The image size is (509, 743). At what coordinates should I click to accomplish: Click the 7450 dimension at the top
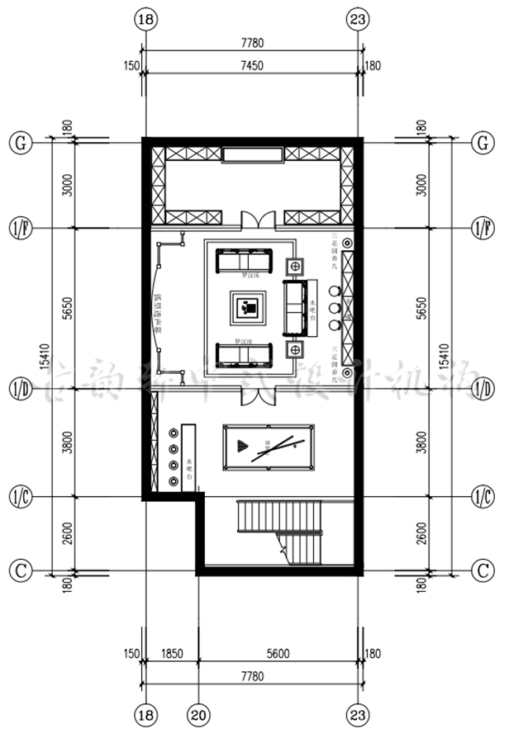tap(253, 67)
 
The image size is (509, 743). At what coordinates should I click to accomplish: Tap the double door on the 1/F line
tap(253, 220)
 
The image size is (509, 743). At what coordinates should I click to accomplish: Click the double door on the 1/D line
tap(253, 395)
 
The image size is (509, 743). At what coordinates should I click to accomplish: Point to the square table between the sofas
tap(249, 308)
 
